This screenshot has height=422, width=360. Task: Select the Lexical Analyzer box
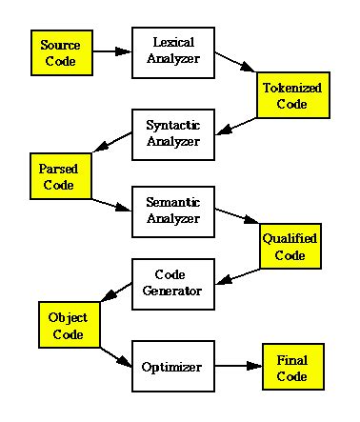[171, 52]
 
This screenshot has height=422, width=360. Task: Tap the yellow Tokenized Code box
[291, 95]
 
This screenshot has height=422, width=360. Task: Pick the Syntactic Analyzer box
[171, 132]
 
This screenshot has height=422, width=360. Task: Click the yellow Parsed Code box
[57, 177]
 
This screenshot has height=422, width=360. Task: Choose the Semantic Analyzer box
[171, 211]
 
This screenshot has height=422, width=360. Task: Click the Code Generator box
[171, 283]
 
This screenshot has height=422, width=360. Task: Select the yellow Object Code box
[69, 326]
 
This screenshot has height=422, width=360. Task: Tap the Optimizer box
[171, 365]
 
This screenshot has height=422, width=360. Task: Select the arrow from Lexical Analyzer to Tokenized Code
[235, 68]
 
